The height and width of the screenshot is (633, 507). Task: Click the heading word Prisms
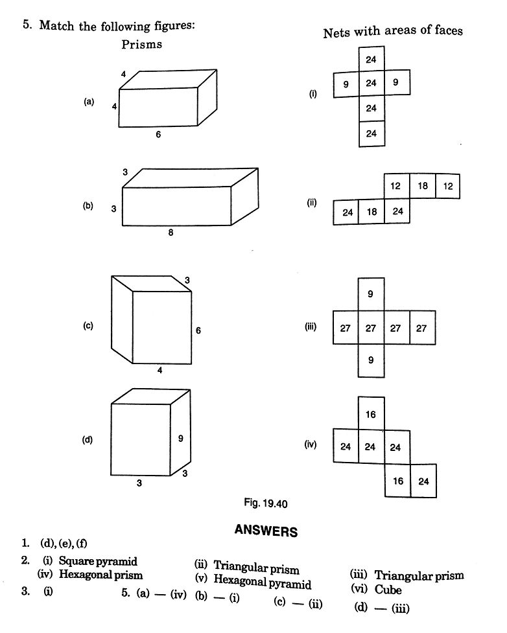pos(141,45)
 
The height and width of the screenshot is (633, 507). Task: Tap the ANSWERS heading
pos(266,531)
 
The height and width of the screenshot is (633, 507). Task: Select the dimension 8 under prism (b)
pos(171,233)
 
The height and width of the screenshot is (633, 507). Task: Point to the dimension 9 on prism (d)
pos(180,439)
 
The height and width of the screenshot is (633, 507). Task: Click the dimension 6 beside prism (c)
pos(198,330)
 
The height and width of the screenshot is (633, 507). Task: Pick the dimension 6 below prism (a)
pos(158,135)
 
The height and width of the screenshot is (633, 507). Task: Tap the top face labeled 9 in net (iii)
pos(371,294)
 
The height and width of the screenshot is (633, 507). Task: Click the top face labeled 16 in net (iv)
pos(371,414)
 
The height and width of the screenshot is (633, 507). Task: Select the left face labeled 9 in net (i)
pos(346,83)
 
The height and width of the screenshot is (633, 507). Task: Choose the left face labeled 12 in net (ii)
pos(396,186)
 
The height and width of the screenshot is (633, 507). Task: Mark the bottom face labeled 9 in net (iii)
pos(371,360)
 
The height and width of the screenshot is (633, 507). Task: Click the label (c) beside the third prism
pos(88,326)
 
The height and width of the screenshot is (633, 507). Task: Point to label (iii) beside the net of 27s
pos(310,327)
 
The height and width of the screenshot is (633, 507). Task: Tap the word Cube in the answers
pos(388,590)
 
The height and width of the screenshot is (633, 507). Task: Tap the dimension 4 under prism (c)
pos(159,371)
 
